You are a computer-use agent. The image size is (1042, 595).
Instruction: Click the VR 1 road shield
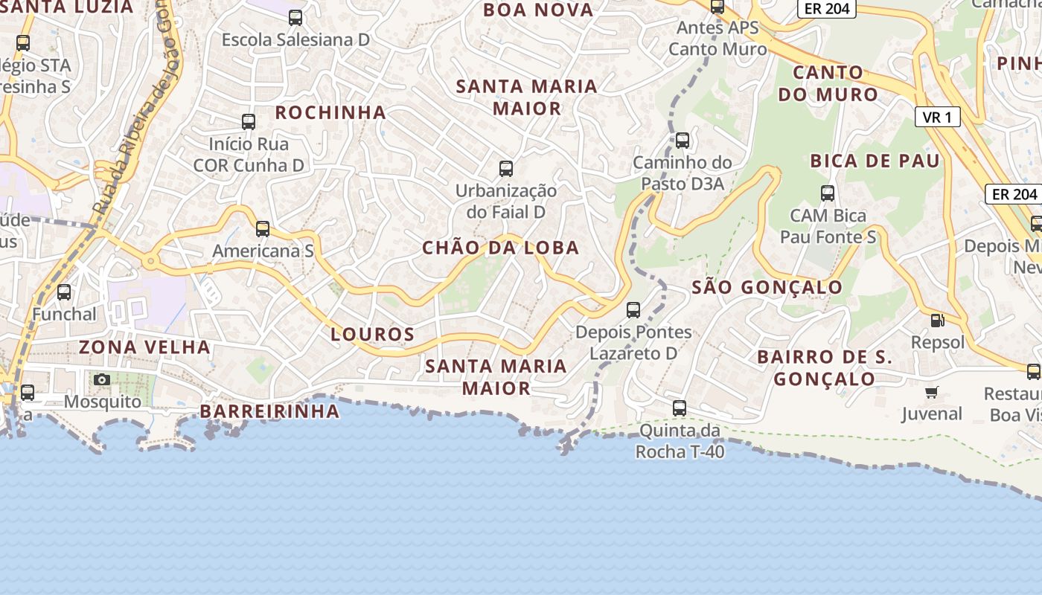click(937, 117)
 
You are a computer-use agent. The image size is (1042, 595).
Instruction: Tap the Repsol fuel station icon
click(938, 321)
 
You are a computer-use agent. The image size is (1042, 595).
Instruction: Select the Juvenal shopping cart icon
click(931, 392)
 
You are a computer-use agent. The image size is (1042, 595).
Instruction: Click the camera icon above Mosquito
click(102, 380)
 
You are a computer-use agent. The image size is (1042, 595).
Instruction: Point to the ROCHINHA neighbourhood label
click(330, 112)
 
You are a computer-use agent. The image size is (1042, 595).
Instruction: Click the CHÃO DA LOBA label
click(500, 248)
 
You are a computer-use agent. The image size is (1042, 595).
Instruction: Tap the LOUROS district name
click(372, 334)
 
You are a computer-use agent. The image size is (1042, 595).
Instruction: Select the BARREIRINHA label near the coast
click(269, 411)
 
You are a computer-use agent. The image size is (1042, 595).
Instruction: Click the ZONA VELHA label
click(145, 347)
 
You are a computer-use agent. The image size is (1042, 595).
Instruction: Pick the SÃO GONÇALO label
click(767, 287)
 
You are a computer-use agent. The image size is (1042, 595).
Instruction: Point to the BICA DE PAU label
click(875, 161)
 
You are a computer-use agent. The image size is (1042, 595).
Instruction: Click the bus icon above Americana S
click(263, 229)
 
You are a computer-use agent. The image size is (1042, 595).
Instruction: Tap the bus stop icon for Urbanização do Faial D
click(506, 169)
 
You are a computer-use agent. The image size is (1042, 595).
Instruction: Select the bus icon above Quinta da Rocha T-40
click(680, 408)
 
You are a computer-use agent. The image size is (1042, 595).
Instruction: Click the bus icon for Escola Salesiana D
click(295, 18)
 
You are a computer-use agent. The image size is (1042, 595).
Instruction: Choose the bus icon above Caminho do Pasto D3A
click(683, 141)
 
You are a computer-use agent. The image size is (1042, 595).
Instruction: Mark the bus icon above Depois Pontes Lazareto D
click(633, 310)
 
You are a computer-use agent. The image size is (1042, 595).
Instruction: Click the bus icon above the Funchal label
click(64, 292)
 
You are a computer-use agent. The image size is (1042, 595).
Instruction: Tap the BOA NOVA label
click(538, 10)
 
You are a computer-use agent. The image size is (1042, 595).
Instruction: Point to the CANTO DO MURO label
click(828, 83)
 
